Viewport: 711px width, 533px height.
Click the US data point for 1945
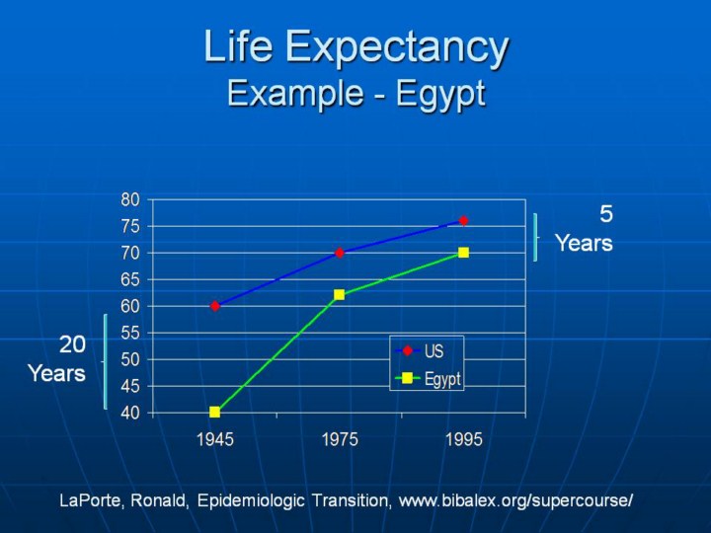[x=215, y=306]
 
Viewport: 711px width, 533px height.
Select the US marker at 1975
[x=339, y=253]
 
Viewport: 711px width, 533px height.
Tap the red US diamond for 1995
[x=463, y=221]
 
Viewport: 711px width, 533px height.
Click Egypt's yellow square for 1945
[x=215, y=412]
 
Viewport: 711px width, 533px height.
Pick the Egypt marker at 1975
[x=339, y=294]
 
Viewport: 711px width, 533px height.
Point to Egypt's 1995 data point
[x=463, y=253]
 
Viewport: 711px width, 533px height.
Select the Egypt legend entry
[x=428, y=378]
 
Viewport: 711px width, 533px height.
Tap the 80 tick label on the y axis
[x=130, y=199]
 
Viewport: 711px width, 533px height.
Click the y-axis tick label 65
[x=130, y=279]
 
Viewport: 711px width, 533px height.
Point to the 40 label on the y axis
[x=130, y=414]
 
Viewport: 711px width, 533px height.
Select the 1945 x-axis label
[x=215, y=439]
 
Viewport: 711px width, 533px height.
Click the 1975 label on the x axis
[x=340, y=439]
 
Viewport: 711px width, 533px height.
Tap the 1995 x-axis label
[x=464, y=439]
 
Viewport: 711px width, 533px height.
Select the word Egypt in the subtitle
[x=440, y=95]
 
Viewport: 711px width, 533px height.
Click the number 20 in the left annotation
[x=72, y=344]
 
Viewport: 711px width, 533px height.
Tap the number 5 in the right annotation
[x=606, y=214]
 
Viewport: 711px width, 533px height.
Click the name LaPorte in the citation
[x=90, y=500]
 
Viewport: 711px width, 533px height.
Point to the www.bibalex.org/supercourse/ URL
[x=515, y=500]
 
